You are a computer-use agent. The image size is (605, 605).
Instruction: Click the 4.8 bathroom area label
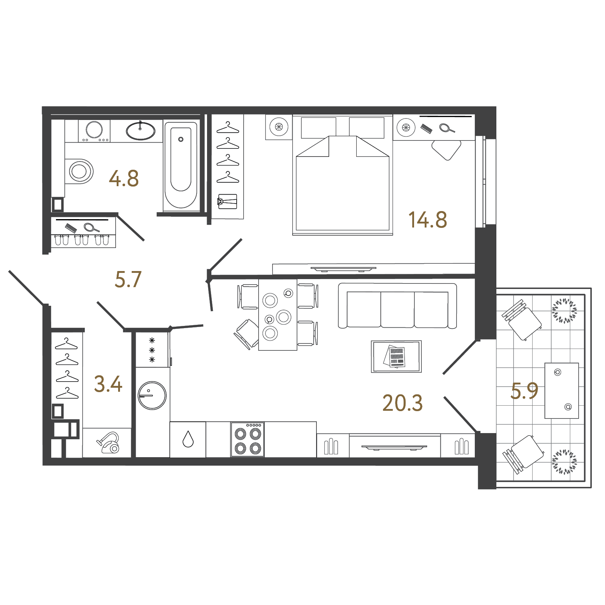(124, 179)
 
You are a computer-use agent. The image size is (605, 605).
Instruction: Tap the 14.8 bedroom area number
(428, 220)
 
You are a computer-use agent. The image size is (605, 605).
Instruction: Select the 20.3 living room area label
(402, 403)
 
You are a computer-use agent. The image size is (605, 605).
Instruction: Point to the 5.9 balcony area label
(524, 391)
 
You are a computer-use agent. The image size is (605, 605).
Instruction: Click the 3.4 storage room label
(108, 384)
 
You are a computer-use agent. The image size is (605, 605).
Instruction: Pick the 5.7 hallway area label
(128, 279)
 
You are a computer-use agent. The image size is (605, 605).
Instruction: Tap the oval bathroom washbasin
(140, 131)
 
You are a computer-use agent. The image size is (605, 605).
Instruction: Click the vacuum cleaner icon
(109, 443)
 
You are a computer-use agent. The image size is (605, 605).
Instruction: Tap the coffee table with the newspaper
(396, 357)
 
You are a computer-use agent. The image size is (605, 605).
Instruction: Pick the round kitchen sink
(152, 395)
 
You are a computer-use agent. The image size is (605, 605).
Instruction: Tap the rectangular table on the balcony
(561, 390)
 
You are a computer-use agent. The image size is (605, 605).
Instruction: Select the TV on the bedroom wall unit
(343, 269)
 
